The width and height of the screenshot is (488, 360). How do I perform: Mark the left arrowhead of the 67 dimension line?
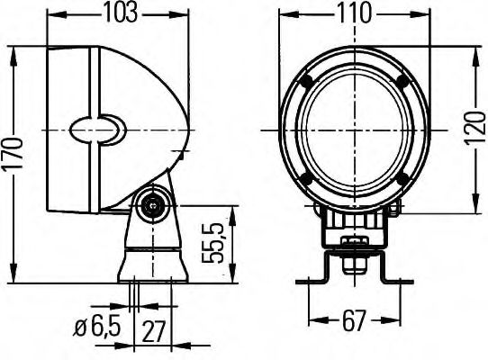pos(312,320)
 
